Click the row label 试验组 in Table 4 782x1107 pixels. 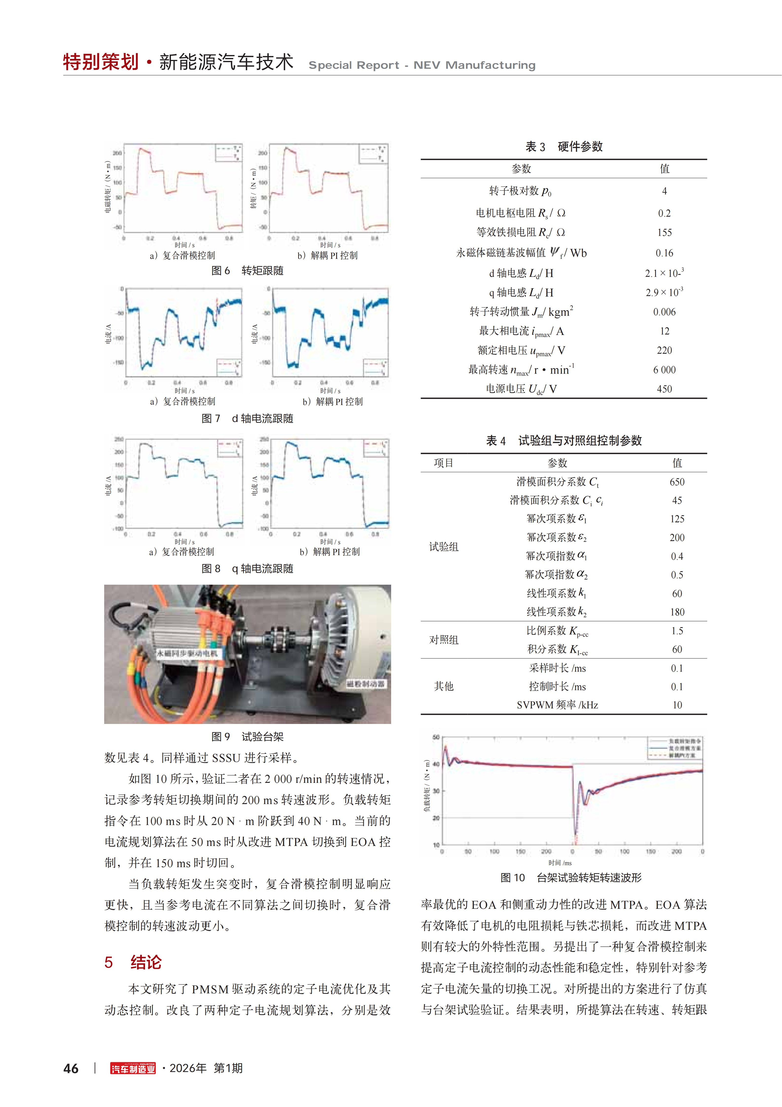(444, 547)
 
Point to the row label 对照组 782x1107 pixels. (444, 640)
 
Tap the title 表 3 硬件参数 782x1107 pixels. (564, 147)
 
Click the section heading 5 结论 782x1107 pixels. (133, 962)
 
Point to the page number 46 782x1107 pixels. (71, 1069)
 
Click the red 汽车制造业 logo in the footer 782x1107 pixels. (133, 1069)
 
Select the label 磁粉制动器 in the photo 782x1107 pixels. (366, 684)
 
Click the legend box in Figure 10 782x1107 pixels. (675, 748)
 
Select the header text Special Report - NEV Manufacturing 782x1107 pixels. (422, 65)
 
